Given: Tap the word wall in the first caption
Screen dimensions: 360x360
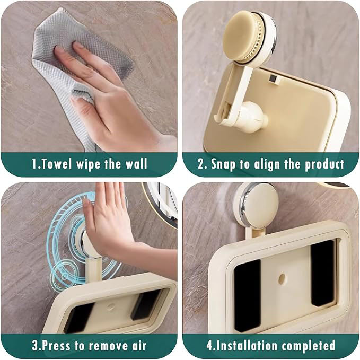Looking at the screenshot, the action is tap(136, 164).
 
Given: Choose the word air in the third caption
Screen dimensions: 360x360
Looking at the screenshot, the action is tap(139, 346).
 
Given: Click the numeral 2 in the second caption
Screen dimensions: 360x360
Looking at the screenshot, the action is tap(201, 164).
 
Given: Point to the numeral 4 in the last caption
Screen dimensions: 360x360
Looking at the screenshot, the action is tap(210, 346).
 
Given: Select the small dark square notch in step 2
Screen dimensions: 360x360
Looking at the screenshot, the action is tap(273, 79).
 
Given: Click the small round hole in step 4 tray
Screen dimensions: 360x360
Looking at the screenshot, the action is tap(282, 278).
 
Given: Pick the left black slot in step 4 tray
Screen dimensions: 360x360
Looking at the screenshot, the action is tap(248, 295).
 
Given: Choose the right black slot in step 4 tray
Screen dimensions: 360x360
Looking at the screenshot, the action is tap(322, 273).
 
